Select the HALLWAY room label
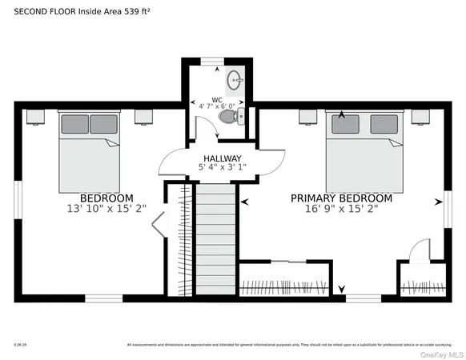tap(222, 158)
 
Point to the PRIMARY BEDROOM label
tap(341, 198)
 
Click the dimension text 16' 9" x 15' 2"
tap(341, 209)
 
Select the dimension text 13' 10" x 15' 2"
tap(106, 209)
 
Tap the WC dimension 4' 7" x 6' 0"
tap(217, 106)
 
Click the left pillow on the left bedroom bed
tap(75, 124)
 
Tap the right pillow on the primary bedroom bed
tap(382, 124)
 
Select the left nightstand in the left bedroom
tap(35, 117)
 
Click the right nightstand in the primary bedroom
tap(420, 117)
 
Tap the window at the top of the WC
tap(211, 61)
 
